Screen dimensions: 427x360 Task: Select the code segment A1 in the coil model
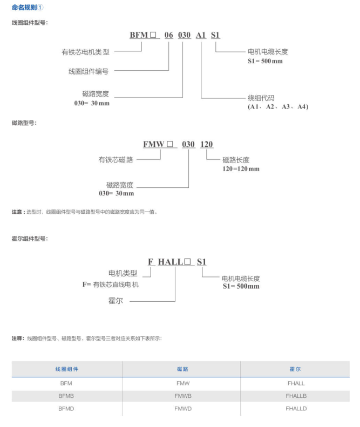click(x=201, y=35)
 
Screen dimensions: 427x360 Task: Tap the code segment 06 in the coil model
click(x=168, y=35)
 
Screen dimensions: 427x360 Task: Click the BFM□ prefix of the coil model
click(x=142, y=35)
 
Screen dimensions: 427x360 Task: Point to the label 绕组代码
click(x=261, y=98)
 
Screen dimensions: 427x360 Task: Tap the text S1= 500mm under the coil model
click(x=262, y=61)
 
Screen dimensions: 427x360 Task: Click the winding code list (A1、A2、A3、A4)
click(x=278, y=107)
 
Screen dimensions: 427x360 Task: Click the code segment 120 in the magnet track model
click(x=207, y=144)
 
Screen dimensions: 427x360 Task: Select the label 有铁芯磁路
click(x=116, y=160)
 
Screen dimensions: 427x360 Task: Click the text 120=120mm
click(x=241, y=169)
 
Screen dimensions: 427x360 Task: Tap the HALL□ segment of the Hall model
click(x=175, y=262)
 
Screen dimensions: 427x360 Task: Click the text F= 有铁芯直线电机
click(x=110, y=284)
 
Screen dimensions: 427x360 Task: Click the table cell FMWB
click(x=181, y=396)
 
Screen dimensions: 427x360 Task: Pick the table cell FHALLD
click(x=296, y=409)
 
